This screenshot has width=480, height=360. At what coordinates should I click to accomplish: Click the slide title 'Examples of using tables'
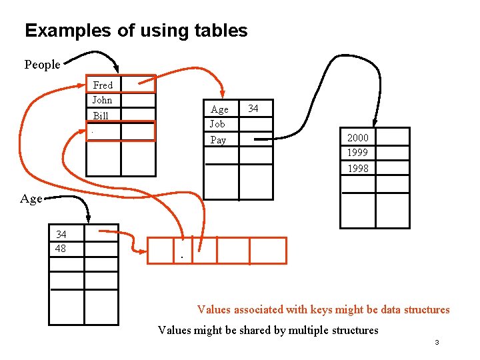[x=136, y=31]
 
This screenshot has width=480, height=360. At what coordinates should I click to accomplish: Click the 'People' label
[x=42, y=65]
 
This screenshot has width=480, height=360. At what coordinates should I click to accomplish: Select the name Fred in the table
[x=103, y=85]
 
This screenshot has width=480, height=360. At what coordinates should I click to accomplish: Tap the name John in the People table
[x=102, y=100]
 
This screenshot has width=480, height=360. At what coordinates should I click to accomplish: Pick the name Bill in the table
[x=101, y=115]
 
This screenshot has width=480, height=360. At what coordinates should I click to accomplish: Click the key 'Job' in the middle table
[x=217, y=124]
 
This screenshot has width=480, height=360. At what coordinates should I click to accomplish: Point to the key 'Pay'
[x=218, y=140]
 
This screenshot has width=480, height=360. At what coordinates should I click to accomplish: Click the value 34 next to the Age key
[x=253, y=108]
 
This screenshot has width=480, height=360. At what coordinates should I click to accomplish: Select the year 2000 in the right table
[x=357, y=138]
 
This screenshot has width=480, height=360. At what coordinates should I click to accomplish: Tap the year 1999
[x=357, y=153]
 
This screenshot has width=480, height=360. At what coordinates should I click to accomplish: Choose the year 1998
[x=357, y=168]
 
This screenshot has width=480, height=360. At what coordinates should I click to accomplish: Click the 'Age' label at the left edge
[x=31, y=199]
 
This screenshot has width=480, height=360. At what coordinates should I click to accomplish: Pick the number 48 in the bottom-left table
[x=61, y=248]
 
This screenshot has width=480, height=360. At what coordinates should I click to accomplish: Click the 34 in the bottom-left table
[x=61, y=234]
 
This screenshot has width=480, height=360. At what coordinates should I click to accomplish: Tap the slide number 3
[x=437, y=343]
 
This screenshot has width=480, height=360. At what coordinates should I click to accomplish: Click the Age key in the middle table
[x=219, y=109]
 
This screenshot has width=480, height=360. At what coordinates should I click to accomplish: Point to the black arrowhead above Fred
[x=116, y=67]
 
